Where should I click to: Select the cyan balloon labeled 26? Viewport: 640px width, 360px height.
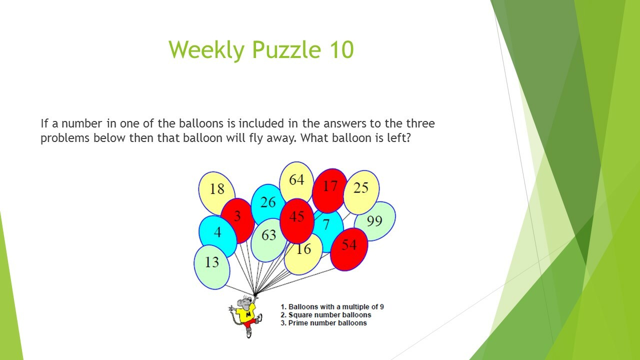point(267,203)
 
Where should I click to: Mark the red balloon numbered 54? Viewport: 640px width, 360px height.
point(349,249)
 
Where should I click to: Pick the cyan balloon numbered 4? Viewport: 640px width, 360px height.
point(217,236)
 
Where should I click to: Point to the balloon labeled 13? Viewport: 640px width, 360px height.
point(212,267)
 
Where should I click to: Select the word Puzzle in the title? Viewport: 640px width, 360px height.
point(287,49)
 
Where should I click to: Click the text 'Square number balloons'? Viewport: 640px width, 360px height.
point(329,315)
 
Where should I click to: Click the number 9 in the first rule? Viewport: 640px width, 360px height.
point(381,307)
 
